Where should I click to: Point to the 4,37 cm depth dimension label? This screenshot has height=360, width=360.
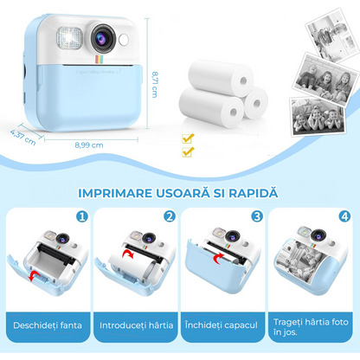pos(21,136)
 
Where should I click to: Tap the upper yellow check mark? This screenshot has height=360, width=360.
pos(188,138)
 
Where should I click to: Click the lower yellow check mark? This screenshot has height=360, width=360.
pos(188,152)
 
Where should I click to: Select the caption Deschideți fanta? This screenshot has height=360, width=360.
pos(46,325)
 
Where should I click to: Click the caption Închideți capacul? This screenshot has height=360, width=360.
pos(221,325)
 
